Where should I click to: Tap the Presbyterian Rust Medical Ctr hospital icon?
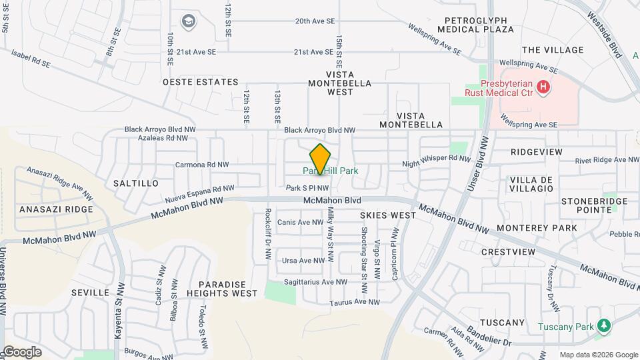[544, 86]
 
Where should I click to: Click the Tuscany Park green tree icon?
[604, 325]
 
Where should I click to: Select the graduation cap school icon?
[189, 22]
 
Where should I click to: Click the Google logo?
[21, 352]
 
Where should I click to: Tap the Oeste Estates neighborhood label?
[201, 82]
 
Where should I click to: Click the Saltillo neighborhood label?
[136, 183]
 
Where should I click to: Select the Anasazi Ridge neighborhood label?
[57, 209]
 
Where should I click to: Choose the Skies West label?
[388, 215]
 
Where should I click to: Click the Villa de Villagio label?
[531, 184]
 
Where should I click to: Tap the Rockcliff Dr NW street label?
[267, 234]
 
